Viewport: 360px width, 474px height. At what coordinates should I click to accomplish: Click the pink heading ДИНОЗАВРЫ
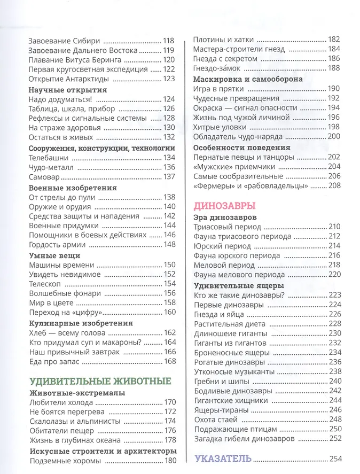(x=224, y=206)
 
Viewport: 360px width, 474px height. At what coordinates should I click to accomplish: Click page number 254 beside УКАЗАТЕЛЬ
(x=334, y=459)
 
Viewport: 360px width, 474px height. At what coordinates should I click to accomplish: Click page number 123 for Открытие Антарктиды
(x=169, y=79)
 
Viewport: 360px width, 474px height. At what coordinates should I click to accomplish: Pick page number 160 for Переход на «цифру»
(x=169, y=312)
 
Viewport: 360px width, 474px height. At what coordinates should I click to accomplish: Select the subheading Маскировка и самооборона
(x=248, y=79)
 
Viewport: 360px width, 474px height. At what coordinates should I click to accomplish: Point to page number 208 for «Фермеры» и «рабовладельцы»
(x=334, y=185)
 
